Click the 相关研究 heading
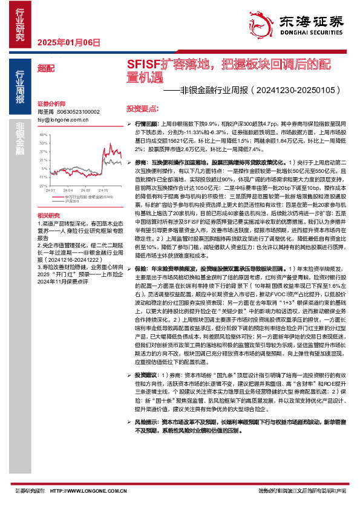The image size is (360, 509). coord(48,215)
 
